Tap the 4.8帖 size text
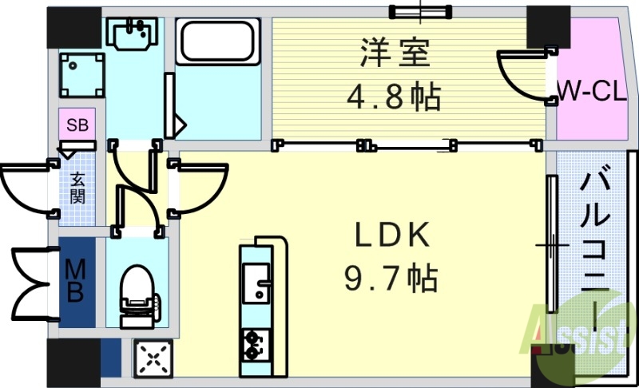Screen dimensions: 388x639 [393, 97]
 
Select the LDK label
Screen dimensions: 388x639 [393, 236]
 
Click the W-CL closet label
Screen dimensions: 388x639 [591, 92]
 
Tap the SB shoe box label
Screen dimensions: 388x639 [77, 125]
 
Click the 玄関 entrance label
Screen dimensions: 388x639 [77, 188]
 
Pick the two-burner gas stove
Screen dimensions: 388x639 [256, 343]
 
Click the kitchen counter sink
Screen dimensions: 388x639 [256, 284]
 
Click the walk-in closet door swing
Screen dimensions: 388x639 [523, 76]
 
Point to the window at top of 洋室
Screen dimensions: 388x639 [419, 11]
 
